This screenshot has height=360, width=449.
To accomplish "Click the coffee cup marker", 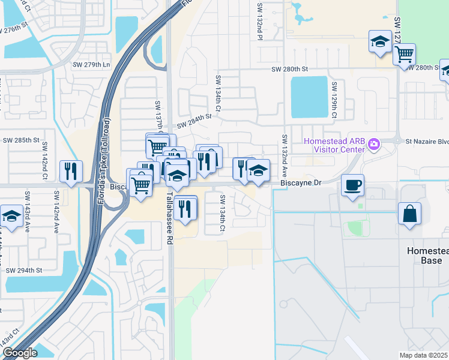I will point(352,185).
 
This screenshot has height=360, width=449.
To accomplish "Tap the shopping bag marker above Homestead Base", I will point(409,214).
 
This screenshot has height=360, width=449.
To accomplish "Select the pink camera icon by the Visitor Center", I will point(375,143).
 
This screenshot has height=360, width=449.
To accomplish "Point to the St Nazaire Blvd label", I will point(426,142).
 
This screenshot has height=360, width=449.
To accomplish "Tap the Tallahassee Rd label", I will point(169,212).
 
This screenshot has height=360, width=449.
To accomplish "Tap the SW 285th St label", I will point(20,140).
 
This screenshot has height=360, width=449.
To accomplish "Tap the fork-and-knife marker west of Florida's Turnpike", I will point(71,172).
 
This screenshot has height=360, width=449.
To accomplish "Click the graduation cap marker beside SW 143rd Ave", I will point(11,216).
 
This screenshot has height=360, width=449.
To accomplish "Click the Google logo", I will point(19,353).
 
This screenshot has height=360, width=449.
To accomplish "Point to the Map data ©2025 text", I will point(423,355).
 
